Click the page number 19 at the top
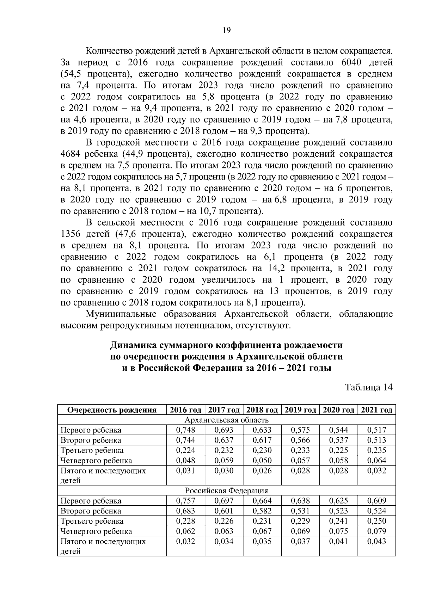pyautogui.click(x=227, y=30)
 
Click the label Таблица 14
pyautogui.click(x=369, y=387)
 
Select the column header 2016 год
pyautogui.click(x=185, y=410)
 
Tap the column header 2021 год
pyautogui.click(x=377, y=410)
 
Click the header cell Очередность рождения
pyautogui.click(x=112, y=410)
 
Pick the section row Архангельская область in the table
pyautogui.click(x=226, y=420)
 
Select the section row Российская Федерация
pyautogui.click(x=226, y=491)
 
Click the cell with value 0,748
pyautogui.click(x=185, y=430)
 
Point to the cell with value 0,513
pyautogui.click(x=377, y=440)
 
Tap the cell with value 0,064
pyautogui.click(x=377, y=460)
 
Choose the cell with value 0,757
pyautogui.click(x=185, y=501)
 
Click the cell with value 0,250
pyautogui.click(x=377, y=521)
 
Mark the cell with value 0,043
pyautogui.click(x=377, y=541)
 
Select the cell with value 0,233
pyautogui.click(x=300, y=450)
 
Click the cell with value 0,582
pyautogui.click(x=262, y=511)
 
